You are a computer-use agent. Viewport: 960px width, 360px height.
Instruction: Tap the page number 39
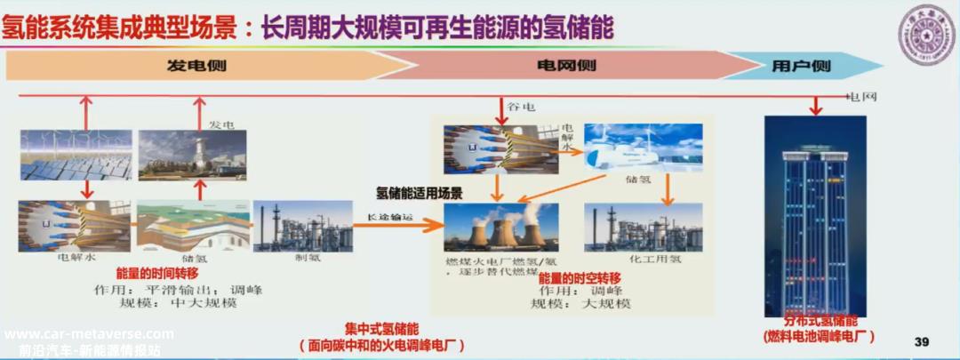click(923, 342)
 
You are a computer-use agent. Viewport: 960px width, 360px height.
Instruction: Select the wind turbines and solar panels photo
click(76, 154)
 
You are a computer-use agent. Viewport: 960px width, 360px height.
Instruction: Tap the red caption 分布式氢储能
click(820, 321)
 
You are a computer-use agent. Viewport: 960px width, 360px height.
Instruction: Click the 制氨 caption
click(301, 260)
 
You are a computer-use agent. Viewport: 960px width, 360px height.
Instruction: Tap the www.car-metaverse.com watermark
click(89, 334)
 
